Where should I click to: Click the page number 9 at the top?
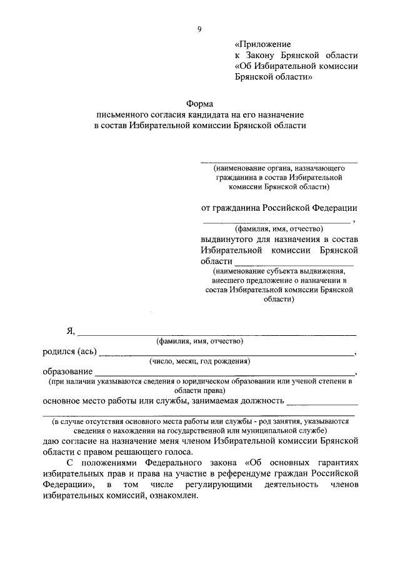click(x=199, y=29)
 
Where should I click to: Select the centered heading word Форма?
click(x=199, y=104)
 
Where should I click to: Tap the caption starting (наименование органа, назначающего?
click(x=278, y=168)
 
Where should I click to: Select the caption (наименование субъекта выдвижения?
click(x=278, y=271)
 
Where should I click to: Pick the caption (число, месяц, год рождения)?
click(x=199, y=361)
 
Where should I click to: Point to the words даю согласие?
click(x=71, y=441)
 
